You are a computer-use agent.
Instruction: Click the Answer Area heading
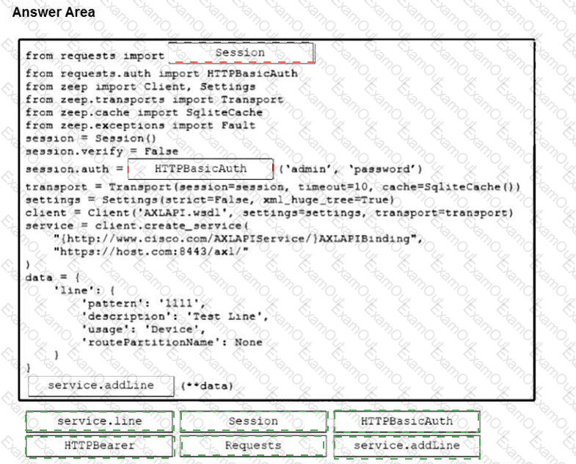(x=54, y=12)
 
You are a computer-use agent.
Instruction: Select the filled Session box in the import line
(x=241, y=53)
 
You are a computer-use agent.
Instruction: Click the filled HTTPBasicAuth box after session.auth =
(x=200, y=168)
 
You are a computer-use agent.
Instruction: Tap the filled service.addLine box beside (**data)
(x=101, y=385)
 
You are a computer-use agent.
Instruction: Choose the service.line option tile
(x=99, y=421)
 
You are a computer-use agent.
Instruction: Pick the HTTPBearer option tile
(x=99, y=445)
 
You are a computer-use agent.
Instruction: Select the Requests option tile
(x=252, y=445)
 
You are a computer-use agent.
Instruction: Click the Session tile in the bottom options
(x=252, y=421)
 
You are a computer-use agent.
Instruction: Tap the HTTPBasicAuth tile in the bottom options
(x=407, y=421)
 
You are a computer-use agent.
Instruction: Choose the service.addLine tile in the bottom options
(x=407, y=445)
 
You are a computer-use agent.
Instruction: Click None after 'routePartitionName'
(x=248, y=342)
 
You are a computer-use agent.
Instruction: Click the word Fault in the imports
(x=238, y=125)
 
